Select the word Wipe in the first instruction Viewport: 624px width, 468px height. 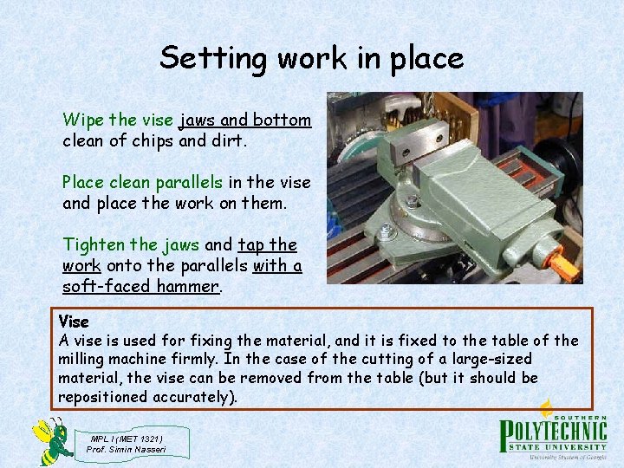click(x=81, y=120)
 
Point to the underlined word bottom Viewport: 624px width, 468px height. click(x=283, y=120)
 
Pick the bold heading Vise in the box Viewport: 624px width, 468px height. click(x=73, y=322)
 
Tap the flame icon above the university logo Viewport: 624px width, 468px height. click(x=547, y=407)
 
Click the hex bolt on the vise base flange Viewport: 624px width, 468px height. click(x=387, y=232)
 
